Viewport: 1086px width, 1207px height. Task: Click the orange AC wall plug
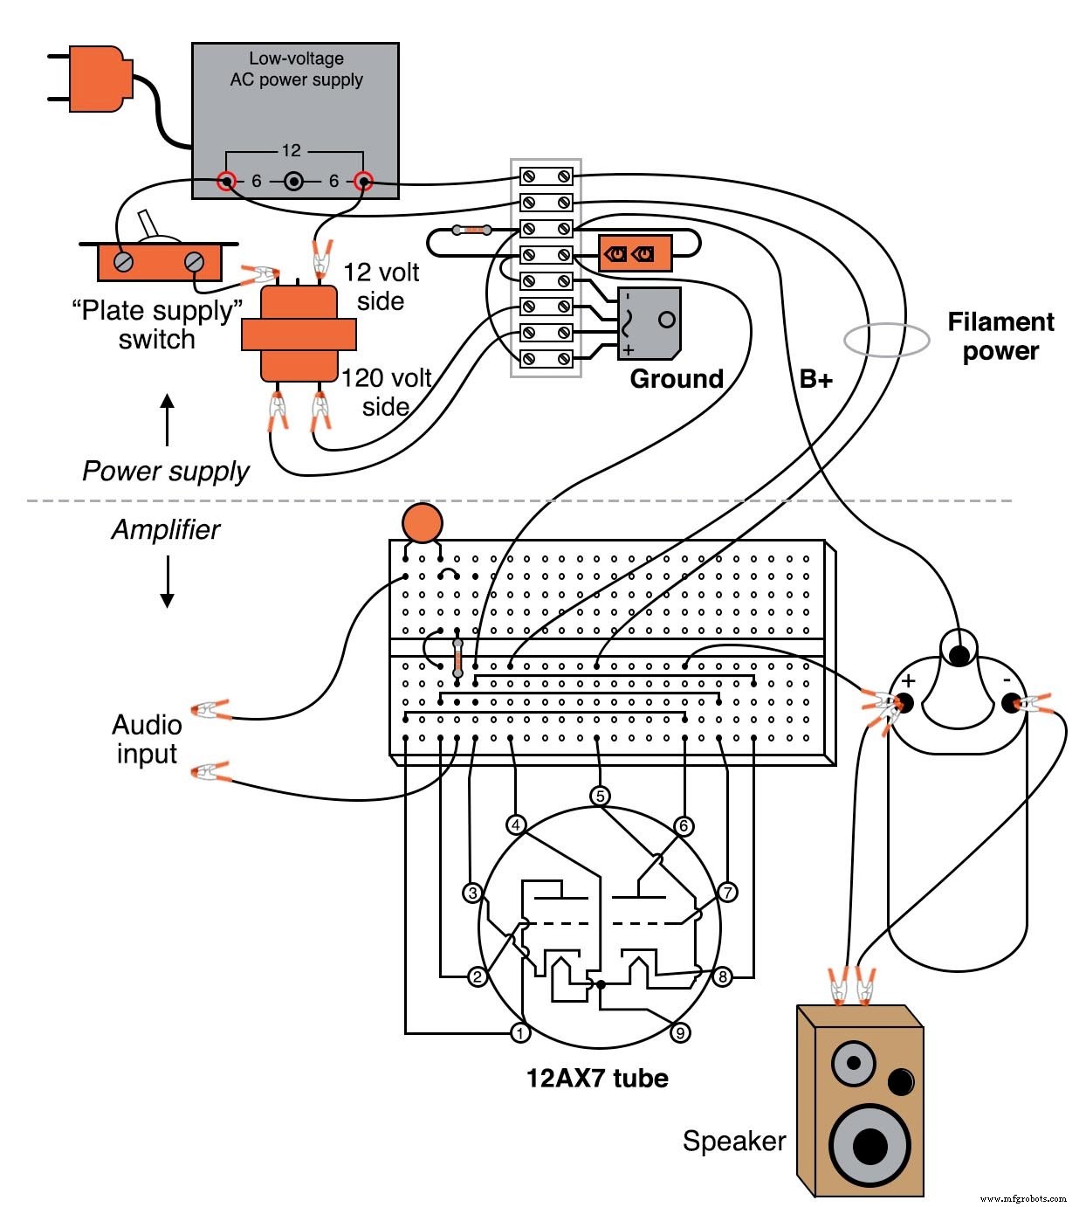94,79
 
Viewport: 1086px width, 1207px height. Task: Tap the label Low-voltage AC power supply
296,69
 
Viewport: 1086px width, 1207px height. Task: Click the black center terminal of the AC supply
294,182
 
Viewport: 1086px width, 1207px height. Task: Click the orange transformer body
299,334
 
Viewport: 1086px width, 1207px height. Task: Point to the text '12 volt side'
381,286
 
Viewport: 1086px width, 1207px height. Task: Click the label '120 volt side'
387,392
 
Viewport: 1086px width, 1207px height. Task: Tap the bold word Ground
677,379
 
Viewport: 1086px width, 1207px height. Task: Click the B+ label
815,379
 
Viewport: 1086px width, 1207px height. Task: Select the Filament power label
1000,336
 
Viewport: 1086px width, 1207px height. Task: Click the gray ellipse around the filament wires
886,340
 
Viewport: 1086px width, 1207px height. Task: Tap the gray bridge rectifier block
650,322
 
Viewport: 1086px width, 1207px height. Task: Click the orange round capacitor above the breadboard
423,523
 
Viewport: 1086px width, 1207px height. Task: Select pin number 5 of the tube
599,796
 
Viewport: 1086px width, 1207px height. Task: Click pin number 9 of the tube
680,1033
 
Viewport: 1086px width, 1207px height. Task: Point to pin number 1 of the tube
520,1033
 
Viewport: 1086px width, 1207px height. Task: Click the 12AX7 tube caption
597,1079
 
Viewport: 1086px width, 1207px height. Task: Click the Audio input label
147,739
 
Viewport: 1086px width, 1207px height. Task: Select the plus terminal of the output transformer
904,701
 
